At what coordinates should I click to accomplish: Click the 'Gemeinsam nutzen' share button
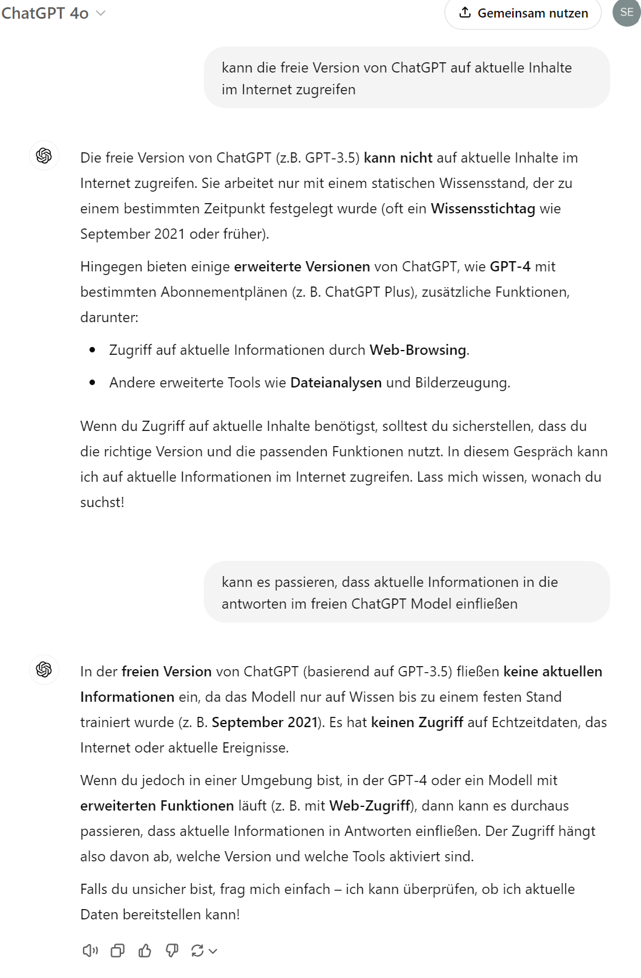tap(523, 13)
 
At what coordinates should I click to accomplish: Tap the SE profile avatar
tap(626, 13)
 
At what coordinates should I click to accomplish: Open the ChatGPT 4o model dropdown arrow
tap(101, 13)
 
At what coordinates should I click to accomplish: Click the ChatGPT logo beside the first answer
tap(44, 156)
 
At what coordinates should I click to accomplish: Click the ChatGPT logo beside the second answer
tap(44, 670)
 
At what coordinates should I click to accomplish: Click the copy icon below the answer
tap(117, 951)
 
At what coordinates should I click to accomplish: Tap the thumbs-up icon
tap(145, 951)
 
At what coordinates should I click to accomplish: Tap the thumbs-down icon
tap(172, 951)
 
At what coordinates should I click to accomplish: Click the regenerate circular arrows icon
tap(198, 951)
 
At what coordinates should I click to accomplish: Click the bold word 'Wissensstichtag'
tap(483, 209)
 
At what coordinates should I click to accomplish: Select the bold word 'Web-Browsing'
tap(418, 351)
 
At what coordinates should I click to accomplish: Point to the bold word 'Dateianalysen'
tap(336, 383)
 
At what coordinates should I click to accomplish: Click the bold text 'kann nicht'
tap(398, 158)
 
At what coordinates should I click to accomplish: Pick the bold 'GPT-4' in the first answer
tap(510, 267)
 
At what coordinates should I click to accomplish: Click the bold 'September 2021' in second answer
tap(264, 723)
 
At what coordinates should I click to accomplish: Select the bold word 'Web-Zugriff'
tap(369, 806)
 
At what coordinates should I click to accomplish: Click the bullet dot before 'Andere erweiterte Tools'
tap(93, 383)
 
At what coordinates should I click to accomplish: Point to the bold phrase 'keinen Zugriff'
tap(417, 723)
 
